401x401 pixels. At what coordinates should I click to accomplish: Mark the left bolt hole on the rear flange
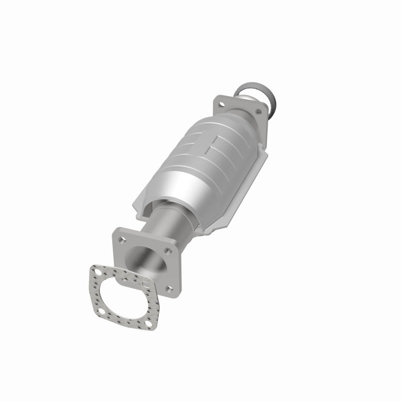click(220, 103)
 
